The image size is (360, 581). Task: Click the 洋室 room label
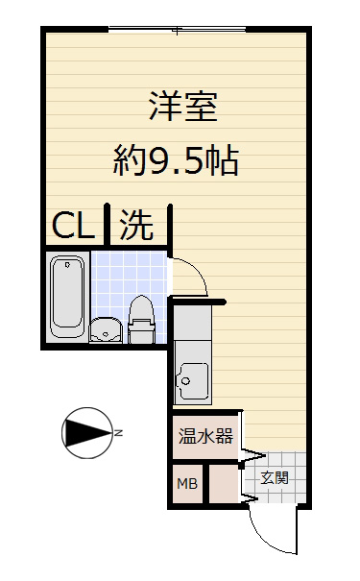[x=181, y=106]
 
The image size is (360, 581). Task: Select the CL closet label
[x=72, y=227]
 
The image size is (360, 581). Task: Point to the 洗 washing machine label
[x=136, y=227]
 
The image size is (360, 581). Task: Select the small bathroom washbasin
[x=105, y=331]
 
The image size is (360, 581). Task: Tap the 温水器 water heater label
[x=205, y=436]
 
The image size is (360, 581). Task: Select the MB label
[x=186, y=484]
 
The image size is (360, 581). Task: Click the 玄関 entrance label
[x=276, y=477]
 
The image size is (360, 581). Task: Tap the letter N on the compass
[x=120, y=433]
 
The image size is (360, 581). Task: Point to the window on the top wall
[x=177, y=30]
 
